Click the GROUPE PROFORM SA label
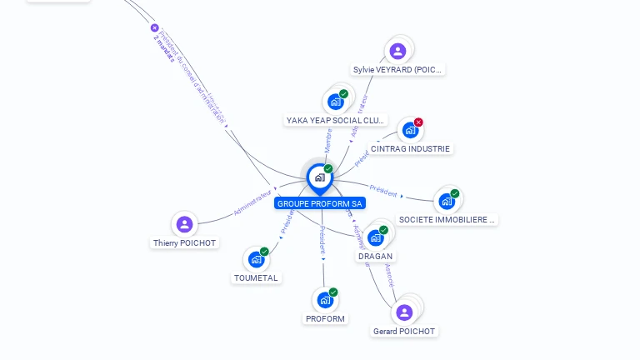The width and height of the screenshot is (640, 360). (x=321, y=203)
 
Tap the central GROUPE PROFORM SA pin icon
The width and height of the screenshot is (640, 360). (x=319, y=177)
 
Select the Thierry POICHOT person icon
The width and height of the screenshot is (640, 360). (x=185, y=224)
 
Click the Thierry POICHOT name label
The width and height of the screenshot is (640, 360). (x=184, y=243)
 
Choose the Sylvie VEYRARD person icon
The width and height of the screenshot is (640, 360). (x=398, y=52)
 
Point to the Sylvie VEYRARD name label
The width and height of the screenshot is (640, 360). (x=398, y=70)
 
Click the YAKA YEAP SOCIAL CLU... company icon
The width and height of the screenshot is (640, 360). (x=336, y=102)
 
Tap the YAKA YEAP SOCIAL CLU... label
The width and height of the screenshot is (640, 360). (x=337, y=120)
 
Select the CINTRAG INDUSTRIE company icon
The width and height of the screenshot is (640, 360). (x=410, y=130)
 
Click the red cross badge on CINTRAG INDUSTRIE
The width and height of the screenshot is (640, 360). (x=418, y=122)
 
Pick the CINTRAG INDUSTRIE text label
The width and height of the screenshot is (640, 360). (x=410, y=149)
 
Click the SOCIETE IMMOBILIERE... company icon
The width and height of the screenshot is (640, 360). (x=447, y=201)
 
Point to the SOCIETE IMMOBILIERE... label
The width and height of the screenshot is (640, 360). (x=447, y=220)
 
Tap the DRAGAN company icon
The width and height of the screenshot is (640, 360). (x=376, y=237)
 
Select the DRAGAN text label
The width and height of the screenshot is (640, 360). (x=375, y=257)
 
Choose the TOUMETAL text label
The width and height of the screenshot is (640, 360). (x=256, y=278)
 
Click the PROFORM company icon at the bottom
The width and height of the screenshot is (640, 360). (x=325, y=300)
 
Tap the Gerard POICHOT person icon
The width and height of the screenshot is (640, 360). (x=404, y=312)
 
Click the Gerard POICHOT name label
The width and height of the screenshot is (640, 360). (x=404, y=332)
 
